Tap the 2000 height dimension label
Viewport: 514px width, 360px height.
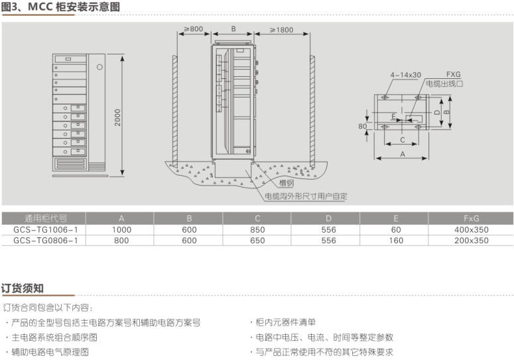point(117,118)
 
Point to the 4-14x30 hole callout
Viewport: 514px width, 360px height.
point(405,75)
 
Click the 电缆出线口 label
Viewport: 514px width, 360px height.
point(444,84)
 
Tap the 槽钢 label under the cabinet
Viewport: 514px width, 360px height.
point(287,182)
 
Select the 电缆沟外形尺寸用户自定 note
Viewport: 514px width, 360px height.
point(306,196)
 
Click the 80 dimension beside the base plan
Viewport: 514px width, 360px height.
point(362,125)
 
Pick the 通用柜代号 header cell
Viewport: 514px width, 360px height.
point(45,218)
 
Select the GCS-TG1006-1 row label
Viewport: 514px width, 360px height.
point(45,229)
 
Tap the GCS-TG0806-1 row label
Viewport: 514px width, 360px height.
point(45,240)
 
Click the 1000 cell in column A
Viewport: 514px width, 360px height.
point(121,229)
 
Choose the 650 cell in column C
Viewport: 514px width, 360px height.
point(258,240)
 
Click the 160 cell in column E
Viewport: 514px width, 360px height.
point(396,240)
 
